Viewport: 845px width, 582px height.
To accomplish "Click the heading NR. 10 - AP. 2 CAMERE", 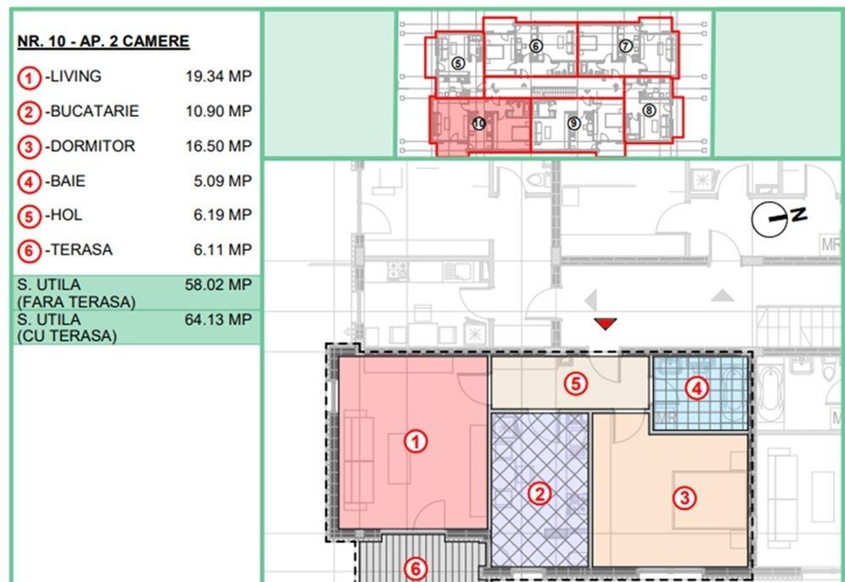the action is pos(103,42).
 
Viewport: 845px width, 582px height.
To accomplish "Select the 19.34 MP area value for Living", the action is pos(219,76).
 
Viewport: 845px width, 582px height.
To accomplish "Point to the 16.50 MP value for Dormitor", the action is pos(219,146).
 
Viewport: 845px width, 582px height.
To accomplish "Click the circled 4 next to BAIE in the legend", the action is pos(29,182).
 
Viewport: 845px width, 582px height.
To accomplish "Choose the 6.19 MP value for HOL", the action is pos(222,215).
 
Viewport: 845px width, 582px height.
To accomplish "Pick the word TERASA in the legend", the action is pos(81,250).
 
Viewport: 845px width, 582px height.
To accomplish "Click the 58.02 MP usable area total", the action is pos(218,284).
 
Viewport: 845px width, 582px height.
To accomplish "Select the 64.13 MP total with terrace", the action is pos(218,320).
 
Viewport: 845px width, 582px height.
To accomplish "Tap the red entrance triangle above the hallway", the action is pos(605,323).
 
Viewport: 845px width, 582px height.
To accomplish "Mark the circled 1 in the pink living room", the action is pos(416,442).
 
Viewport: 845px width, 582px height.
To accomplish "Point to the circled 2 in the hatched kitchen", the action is pos(540,494).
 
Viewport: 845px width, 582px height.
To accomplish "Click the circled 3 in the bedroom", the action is pos(685,497).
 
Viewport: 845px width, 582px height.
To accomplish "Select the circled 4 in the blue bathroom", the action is pos(697,389).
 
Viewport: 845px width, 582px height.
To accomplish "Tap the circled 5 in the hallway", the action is pos(575,384).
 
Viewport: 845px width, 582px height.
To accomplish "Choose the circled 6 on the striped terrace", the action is pos(416,569).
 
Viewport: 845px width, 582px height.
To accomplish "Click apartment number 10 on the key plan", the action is pos(479,124).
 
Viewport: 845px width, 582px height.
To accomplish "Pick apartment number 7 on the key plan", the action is pos(625,47).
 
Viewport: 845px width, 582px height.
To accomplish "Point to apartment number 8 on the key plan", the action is pos(649,110).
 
